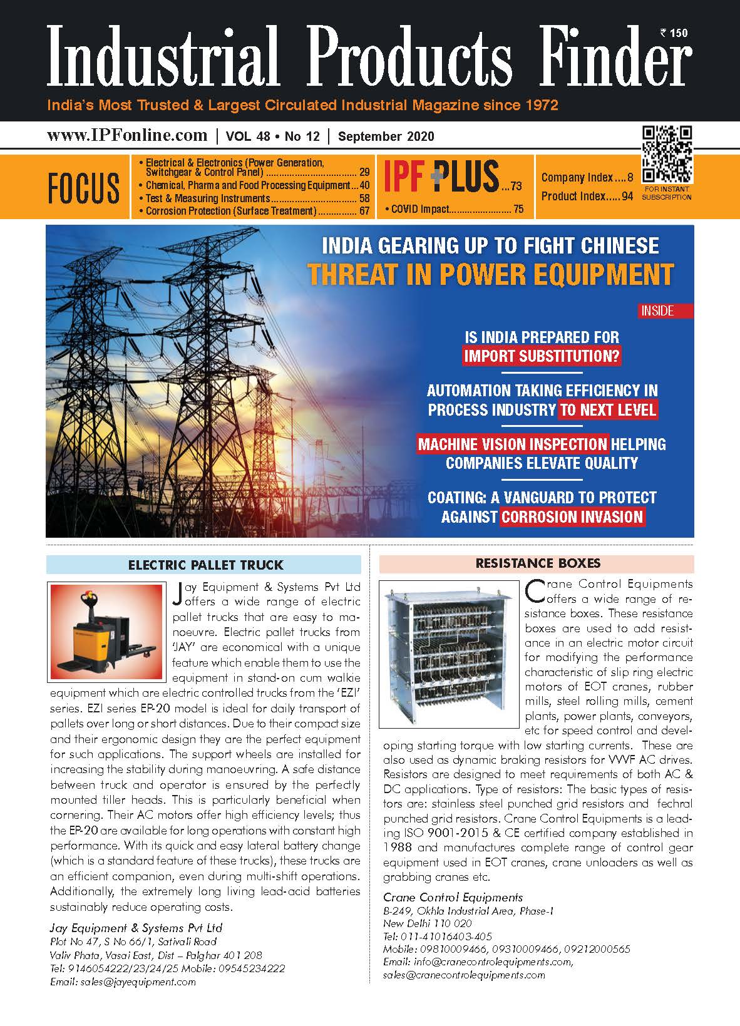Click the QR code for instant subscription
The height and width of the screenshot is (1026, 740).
[x=667, y=154]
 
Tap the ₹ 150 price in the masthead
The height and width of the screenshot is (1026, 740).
[x=674, y=33]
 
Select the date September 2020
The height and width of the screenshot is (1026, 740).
[x=386, y=136]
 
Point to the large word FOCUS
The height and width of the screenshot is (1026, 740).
[x=83, y=188]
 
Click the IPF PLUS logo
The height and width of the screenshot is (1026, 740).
[x=441, y=176]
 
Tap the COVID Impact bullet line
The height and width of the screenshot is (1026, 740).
[x=454, y=209]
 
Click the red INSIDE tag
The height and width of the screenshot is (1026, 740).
[x=657, y=310]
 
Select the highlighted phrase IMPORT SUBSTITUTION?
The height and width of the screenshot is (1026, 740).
[x=542, y=356]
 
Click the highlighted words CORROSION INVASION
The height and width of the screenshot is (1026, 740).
[x=572, y=517]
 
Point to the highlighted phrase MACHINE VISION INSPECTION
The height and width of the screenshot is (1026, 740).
[x=513, y=444]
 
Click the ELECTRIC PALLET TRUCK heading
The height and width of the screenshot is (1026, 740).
[x=205, y=565]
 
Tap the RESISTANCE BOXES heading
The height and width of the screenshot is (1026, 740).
[x=538, y=563]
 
